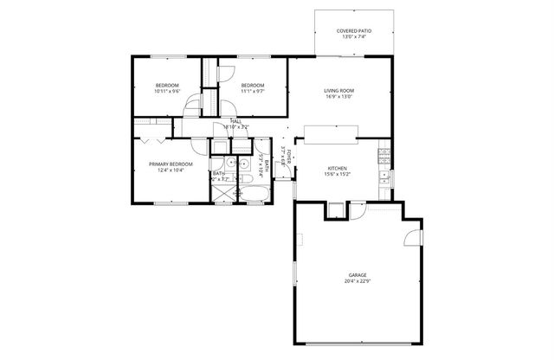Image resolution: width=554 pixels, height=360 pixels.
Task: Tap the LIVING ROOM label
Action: pyautogui.click(x=338, y=90)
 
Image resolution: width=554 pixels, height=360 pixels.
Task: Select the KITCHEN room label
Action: pyautogui.click(x=338, y=168)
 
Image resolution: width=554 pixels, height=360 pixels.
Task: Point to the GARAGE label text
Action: pyautogui.click(x=345, y=273)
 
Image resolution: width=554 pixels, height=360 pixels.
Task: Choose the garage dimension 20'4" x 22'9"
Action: pyautogui.click(x=345, y=280)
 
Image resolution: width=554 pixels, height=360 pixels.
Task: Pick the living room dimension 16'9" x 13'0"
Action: pyautogui.click(x=338, y=96)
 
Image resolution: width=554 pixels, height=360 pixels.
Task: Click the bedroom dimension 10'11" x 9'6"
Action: pyautogui.click(x=167, y=90)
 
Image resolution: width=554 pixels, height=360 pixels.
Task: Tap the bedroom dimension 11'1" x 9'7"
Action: pyautogui.click(x=252, y=90)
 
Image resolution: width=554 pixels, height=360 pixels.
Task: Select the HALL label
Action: pyautogui.click(x=235, y=121)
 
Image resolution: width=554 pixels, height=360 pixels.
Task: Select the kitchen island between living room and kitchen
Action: pyautogui.click(x=328, y=132)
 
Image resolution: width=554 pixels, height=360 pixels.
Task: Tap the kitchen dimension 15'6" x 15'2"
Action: pyautogui.click(x=338, y=174)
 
